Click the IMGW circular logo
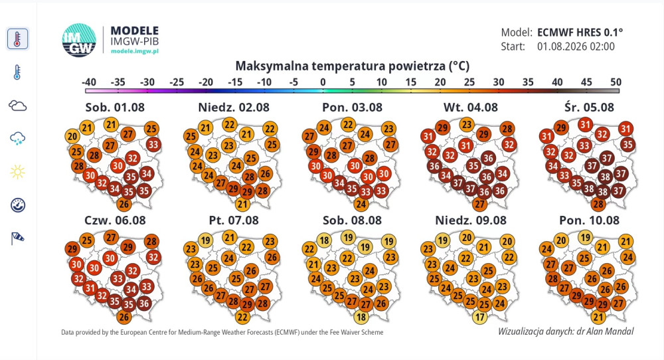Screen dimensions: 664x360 [x=79, y=41]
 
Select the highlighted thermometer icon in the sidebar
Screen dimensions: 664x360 [x=17, y=39]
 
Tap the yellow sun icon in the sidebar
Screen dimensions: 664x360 [x=17, y=172]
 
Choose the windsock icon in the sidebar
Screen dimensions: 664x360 [x=17, y=238]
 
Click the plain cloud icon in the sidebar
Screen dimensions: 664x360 [x=17, y=106]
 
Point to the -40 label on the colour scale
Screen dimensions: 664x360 [x=88, y=82]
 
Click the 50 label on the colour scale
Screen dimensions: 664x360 [x=616, y=82]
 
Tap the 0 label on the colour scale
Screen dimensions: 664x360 [x=323, y=82]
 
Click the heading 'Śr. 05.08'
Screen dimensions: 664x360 [x=589, y=107]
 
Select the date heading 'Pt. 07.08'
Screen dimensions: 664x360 [x=234, y=221]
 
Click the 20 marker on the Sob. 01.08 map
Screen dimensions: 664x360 [x=72, y=136]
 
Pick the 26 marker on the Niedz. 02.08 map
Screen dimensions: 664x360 [x=265, y=173]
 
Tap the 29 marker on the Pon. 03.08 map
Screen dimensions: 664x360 [x=313, y=151]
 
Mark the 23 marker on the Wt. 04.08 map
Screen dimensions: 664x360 [x=467, y=125]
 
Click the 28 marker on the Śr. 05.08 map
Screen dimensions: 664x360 [x=598, y=205]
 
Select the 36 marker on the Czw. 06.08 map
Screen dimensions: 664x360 [x=144, y=304]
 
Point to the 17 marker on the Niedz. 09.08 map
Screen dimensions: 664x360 [x=479, y=317]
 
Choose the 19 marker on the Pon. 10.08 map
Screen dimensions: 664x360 [x=585, y=237]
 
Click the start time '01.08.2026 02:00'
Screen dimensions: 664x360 [x=576, y=46]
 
